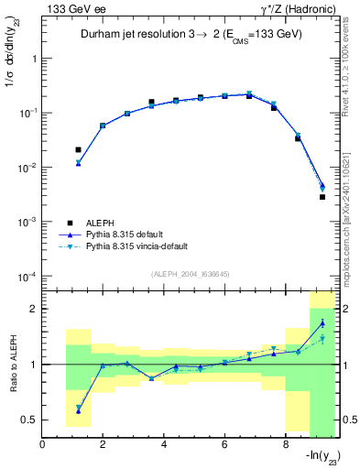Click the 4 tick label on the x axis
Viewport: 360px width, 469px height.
click(x=164, y=446)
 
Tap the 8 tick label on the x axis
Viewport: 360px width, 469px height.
click(x=285, y=446)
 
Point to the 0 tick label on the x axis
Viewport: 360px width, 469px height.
click(x=43, y=446)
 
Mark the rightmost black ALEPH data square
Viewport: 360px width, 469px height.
click(x=322, y=197)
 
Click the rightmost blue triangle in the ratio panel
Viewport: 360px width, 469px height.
click(x=322, y=322)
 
